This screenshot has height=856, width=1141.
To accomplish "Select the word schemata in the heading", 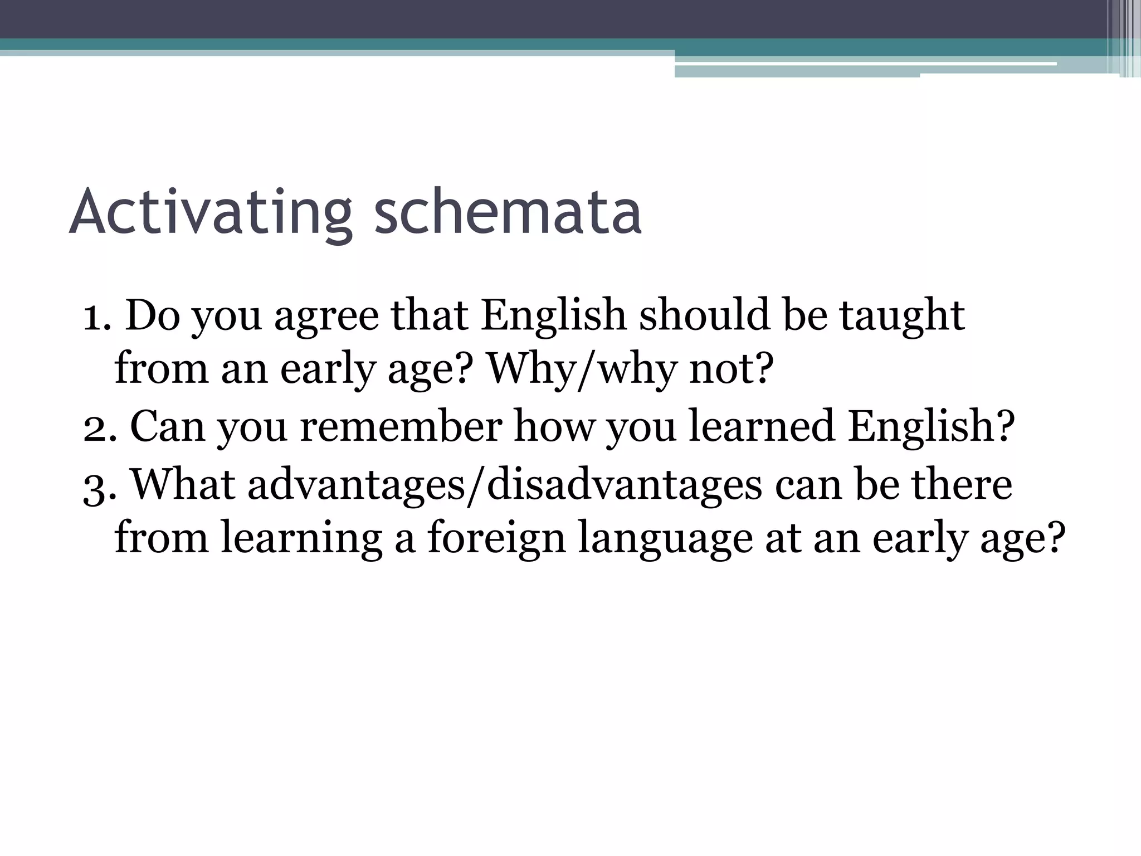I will click(x=508, y=212).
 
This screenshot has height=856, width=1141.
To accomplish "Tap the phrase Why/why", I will click(x=582, y=369).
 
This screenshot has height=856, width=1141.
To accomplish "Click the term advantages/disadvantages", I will click(x=504, y=485).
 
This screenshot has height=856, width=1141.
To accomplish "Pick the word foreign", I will click(x=495, y=539).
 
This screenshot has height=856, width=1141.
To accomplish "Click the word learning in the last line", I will click(x=301, y=539).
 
